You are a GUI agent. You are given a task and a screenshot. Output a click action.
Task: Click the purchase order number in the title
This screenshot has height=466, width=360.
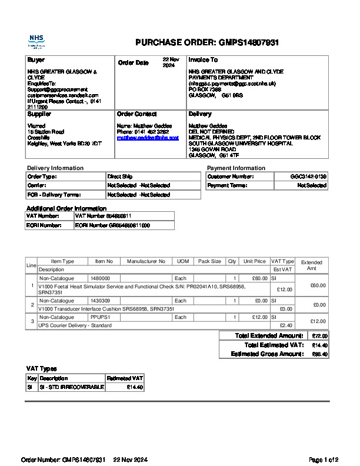tap(249, 42)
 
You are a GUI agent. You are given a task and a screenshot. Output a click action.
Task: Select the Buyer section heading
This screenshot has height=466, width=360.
tap(36, 60)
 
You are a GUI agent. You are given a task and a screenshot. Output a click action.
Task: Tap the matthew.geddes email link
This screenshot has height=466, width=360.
tap(148, 137)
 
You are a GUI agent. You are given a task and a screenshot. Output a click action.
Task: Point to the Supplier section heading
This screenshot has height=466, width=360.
tap(40, 114)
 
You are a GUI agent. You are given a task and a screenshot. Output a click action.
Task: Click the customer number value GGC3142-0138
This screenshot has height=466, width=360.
tap(308, 177)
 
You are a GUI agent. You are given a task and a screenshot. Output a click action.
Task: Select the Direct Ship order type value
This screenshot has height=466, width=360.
tap(120, 177)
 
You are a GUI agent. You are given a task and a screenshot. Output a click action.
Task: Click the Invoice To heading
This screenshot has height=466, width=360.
tap(203, 60)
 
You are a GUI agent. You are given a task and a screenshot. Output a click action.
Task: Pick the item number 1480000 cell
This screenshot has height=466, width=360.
tap(100, 278)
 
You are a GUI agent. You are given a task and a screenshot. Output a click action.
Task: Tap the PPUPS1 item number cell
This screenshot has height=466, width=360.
tap(99, 317)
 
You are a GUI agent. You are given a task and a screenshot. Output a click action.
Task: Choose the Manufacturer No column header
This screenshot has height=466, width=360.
tap(146, 261)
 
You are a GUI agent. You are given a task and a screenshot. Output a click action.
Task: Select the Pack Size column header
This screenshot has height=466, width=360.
tap(209, 261)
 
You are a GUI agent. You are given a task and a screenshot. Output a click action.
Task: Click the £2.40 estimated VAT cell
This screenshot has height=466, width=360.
tap(286, 325)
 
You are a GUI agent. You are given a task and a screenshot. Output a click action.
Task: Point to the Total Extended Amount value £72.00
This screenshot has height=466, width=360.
tap(319, 336)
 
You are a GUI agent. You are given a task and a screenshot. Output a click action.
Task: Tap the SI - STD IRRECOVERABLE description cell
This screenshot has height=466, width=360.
tap(71, 387)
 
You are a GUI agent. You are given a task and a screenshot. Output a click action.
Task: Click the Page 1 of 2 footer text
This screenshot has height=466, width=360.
tap(324, 460)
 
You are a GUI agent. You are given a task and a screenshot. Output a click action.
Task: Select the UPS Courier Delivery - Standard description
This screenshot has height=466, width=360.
tap(75, 325)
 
